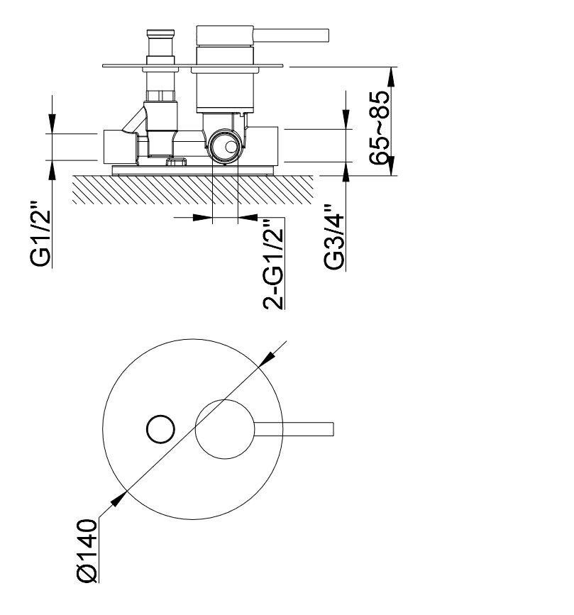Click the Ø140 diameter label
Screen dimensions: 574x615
pyautogui.click(x=87, y=550)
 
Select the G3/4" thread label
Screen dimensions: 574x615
pyautogui.click(x=334, y=237)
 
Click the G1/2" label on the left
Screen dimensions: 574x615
pyautogui.click(x=40, y=235)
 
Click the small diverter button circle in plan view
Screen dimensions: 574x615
pyautogui.click(x=160, y=429)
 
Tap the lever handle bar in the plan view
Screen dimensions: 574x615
pyautogui.click(x=294, y=429)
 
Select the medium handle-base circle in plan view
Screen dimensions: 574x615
pyautogui.click(x=225, y=429)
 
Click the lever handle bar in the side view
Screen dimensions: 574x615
pyautogui.click(x=291, y=35)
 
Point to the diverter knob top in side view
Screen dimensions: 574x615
pyautogui.click(x=160, y=34)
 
